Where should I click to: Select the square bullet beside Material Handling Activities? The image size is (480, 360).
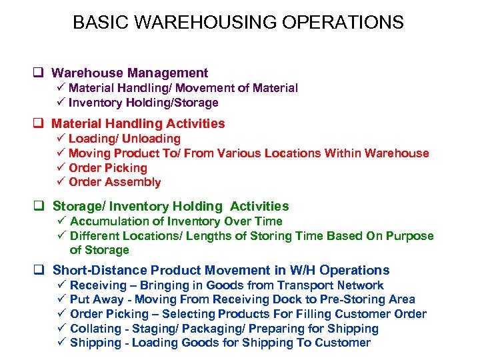(x=41, y=123)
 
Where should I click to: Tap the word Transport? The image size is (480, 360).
(x=308, y=285)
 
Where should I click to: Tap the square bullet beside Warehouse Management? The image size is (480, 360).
(x=41, y=73)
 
